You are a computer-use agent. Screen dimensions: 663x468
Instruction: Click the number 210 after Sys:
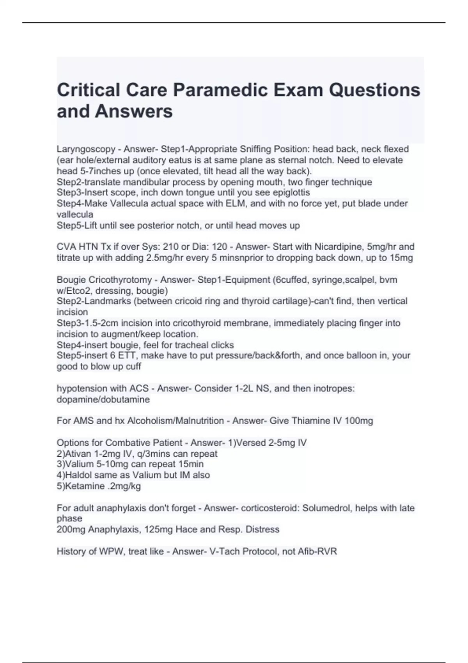coord(170,247)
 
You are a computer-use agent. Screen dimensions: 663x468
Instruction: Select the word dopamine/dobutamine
coord(103,399)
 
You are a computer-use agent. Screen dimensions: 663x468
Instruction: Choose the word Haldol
coord(78,475)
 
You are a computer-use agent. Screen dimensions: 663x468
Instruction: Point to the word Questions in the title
coord(374,90)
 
